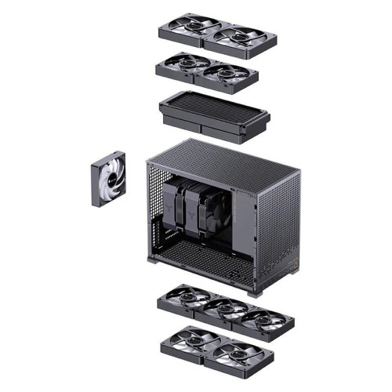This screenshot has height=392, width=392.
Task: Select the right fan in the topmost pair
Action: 243,38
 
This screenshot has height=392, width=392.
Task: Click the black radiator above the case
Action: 213,114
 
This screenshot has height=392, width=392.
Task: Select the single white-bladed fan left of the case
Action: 108,179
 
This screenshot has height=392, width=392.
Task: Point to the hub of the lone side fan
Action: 107,180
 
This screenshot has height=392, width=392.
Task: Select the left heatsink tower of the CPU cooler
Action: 171,205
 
